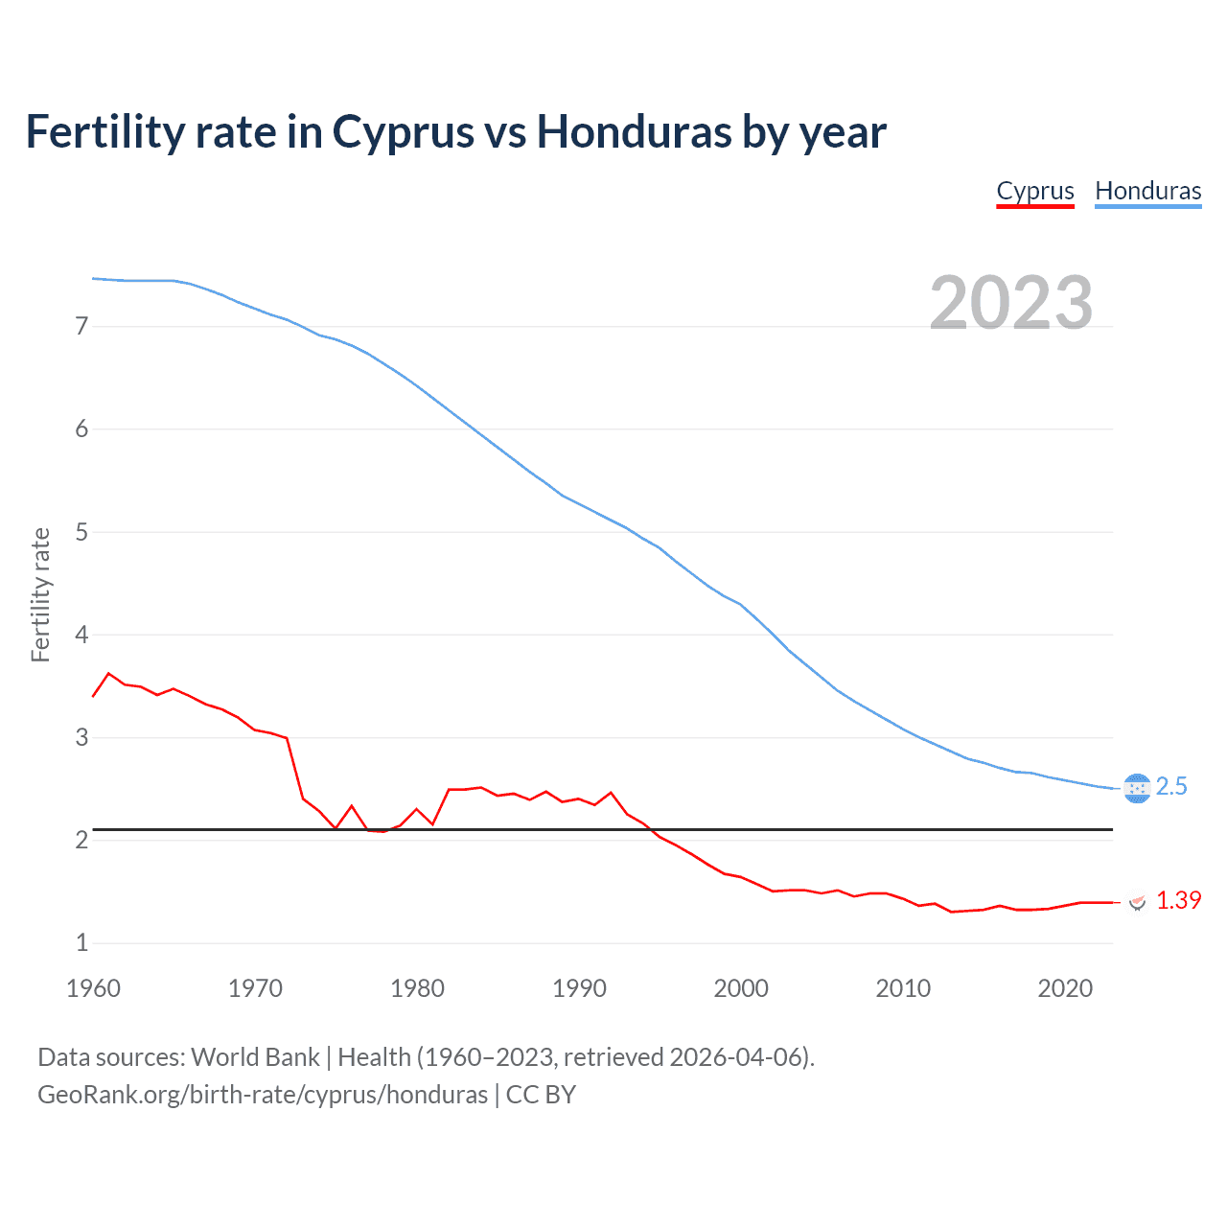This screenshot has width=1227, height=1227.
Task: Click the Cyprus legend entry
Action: point(1035,191)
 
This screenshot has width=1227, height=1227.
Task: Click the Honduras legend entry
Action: point(1147,191)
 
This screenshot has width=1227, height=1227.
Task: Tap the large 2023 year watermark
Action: point(1011,303)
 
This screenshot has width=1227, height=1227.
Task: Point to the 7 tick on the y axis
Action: point(81,327)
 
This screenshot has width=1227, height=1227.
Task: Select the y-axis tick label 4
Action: point(81,635)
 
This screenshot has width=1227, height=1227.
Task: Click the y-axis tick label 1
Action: point(81,943)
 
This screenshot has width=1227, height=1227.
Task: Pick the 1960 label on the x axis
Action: point(93,988)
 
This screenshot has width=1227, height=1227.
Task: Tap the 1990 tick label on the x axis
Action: point(579,988)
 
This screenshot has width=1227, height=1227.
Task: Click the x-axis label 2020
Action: point(1065,988)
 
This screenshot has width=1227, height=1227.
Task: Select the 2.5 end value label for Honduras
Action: point(1171,787)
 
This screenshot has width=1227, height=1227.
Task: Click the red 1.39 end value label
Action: point(1178,901)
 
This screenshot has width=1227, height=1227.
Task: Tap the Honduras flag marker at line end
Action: point(1137,788)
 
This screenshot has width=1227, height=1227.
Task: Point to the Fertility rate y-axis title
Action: point(40,594)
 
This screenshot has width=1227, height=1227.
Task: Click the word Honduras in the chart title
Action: point(634,132)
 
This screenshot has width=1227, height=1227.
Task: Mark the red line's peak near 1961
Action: point(108,674)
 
